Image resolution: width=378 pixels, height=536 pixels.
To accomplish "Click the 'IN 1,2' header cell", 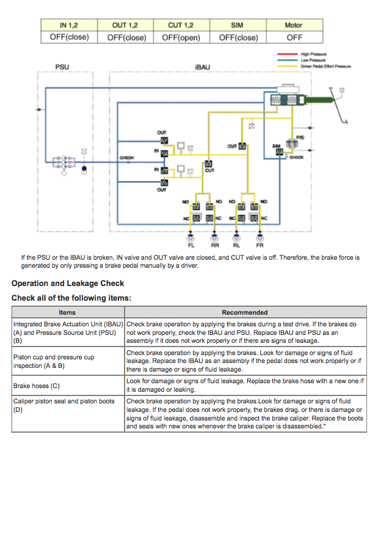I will (x=68, y=25).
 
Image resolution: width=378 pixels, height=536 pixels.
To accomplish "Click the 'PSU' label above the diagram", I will (x=62, y=66).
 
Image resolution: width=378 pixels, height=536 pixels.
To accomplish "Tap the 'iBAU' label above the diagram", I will (x=202, y=66).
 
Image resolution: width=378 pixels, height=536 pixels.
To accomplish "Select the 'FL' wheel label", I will (x=191, y=244).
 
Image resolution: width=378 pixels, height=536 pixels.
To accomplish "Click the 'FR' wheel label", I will (x=260, y=244).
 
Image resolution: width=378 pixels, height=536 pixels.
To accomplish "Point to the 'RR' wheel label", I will (x=215, y=244).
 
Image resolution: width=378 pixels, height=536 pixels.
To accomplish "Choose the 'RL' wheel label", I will (x=237, y=244).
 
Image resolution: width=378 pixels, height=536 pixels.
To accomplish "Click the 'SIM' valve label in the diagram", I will (x=276, y=146).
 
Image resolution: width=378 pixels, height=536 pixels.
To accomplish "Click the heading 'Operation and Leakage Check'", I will (x=68, y=283).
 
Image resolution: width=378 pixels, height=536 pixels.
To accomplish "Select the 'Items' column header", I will (x=68, y=312).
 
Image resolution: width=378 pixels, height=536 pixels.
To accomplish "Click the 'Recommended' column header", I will (x=245, y=312).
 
